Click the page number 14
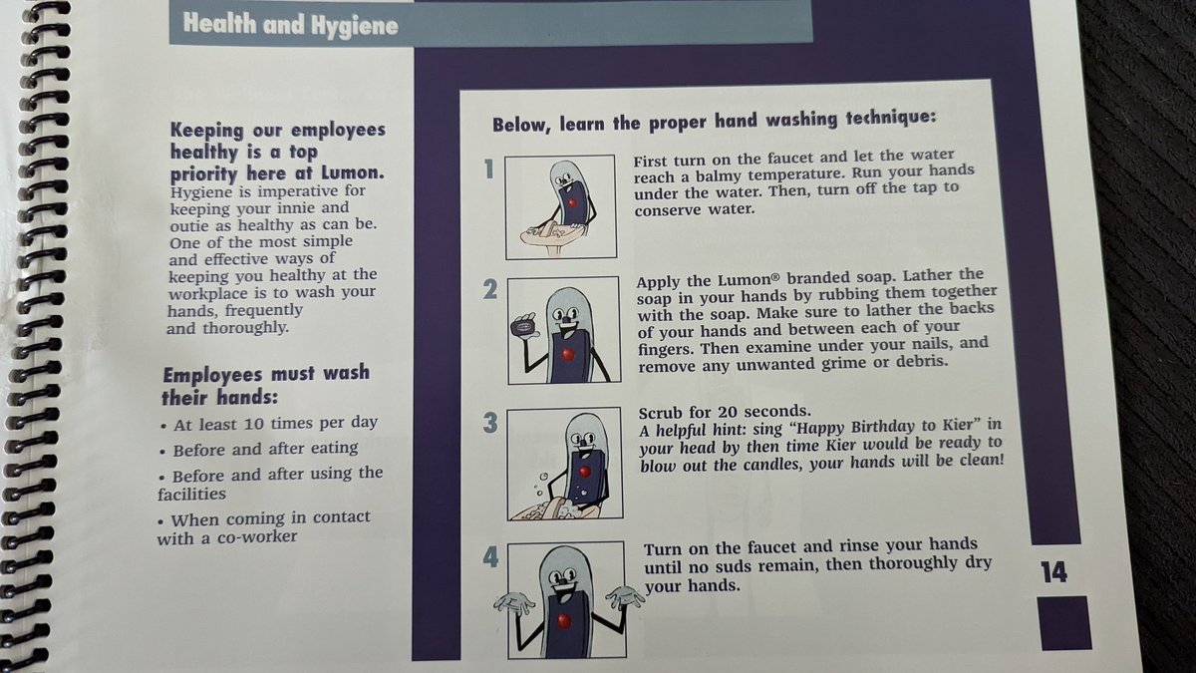[1053, 572]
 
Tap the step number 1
[489, 169]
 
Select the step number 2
[490, 289]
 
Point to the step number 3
[490, 423]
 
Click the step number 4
[490, 557]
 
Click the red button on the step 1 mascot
[572, 203]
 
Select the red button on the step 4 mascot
[564, 620]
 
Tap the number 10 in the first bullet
[254, 424]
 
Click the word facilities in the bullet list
[191, 495]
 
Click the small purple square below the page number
[1065, 623]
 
